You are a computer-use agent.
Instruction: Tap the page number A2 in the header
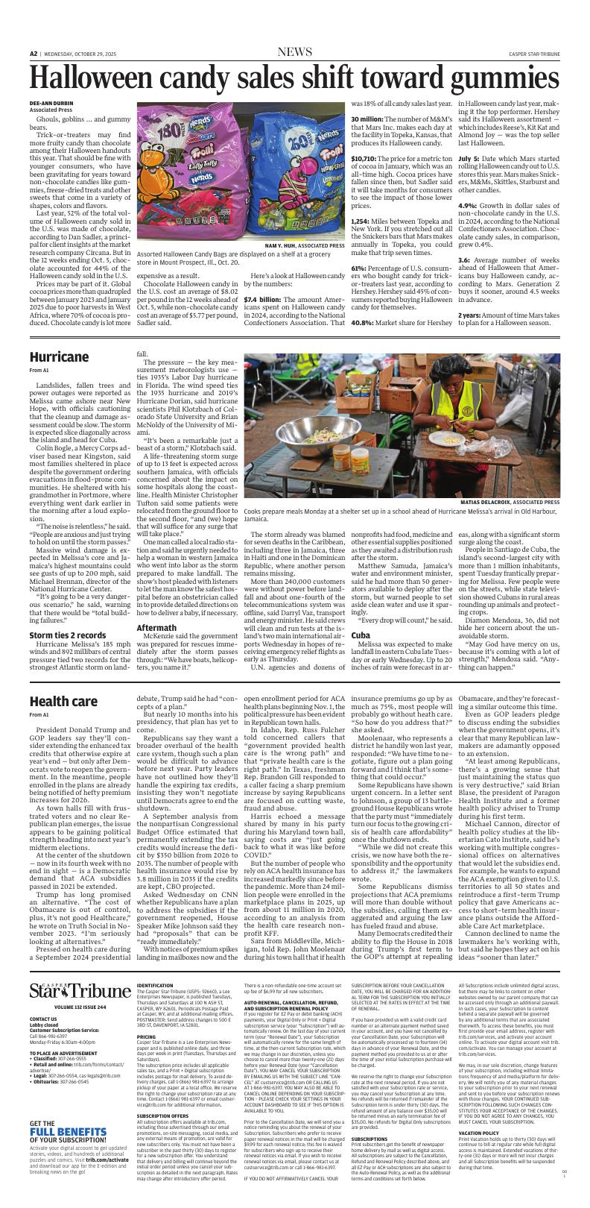tap(34, 54)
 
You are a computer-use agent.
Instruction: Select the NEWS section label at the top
tap(295, 52)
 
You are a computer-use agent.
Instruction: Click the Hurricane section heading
tap(59, 357)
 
